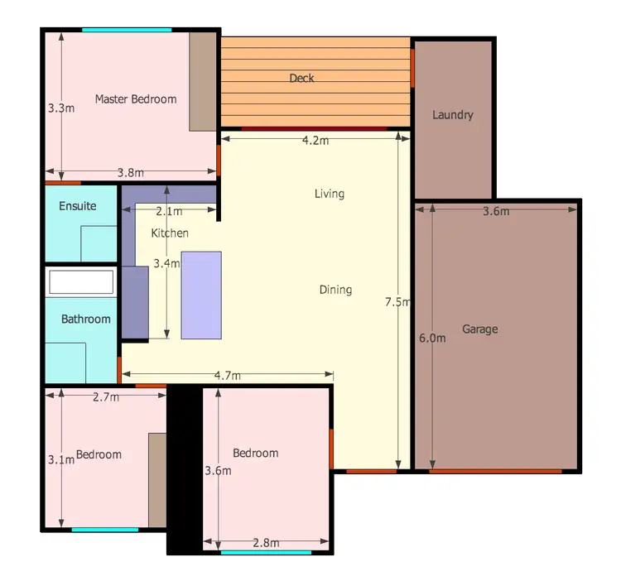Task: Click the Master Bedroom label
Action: pos(135,99)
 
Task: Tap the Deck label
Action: pos(301,79)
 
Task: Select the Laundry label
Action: pos(452,115)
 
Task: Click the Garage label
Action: pos(479,329)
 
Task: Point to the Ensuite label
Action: pos(77,206)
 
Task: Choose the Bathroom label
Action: pos(85,319)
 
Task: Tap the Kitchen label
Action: pos(169,233)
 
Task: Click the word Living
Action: pos(329,194)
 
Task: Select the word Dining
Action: pos(335,290)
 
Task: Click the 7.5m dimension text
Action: pos(397,302)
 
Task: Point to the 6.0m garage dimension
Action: pos(431,338)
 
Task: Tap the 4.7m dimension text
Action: pos(227,376)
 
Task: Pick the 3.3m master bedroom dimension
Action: pos(61,108)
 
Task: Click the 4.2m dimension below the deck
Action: pos(315,141)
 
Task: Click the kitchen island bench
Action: pos(201,295)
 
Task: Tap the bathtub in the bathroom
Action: pos(80,281)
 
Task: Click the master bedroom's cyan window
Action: pos(126,31)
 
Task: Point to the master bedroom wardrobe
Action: pos(202,82)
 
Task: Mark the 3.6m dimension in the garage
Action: pos(495,211)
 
